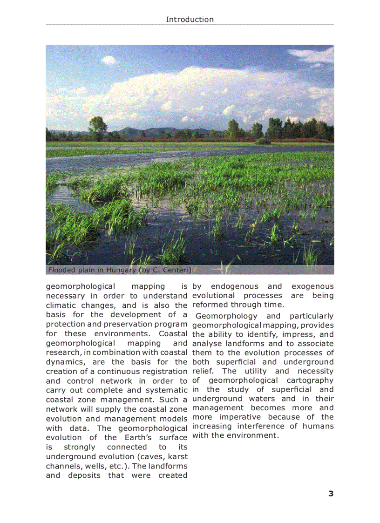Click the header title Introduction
coord(190,20)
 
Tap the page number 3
coord(331,494)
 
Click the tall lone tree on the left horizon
coord(98,127)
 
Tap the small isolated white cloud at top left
coord(109,60)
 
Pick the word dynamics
coord(65,362)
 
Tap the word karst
coord(178,456)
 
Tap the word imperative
coord(240,417)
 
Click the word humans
coord(318,426)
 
